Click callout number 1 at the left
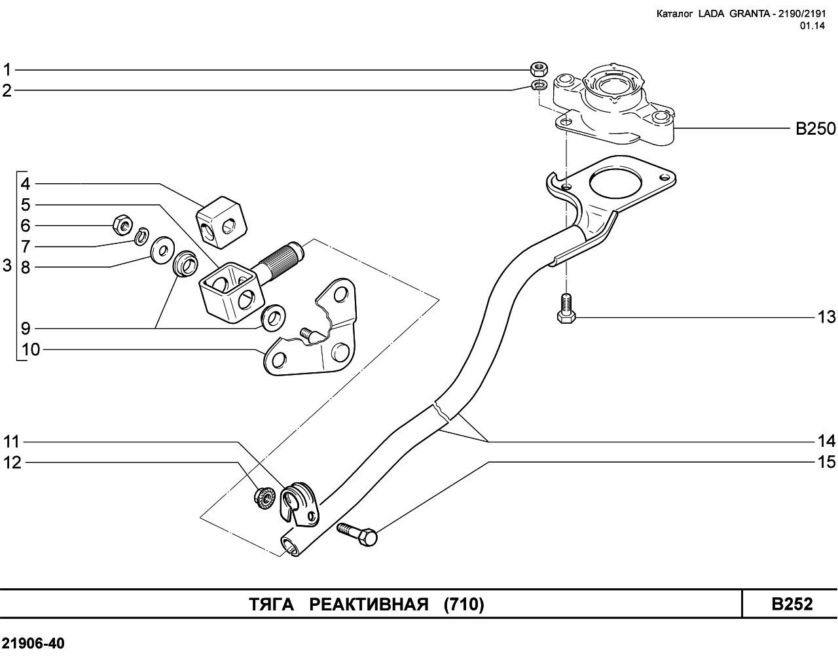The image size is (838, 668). [7, 69]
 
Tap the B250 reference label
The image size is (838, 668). [815, 129]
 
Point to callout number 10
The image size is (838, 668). [31, 350]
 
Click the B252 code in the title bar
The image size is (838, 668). [792, 604]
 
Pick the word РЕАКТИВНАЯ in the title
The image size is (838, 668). [369, 605]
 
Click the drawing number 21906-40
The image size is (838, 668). [33, 644]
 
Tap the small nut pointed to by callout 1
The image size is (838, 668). [539, 67]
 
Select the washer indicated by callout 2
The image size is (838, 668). [539, 86]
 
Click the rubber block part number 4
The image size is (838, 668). [223, 221]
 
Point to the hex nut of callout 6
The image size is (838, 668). [121, 224]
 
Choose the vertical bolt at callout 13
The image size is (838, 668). [566, 309]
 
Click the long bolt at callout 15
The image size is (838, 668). [357, 533]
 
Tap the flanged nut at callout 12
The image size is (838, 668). [263, 497]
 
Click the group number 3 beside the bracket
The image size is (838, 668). [7, 266]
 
